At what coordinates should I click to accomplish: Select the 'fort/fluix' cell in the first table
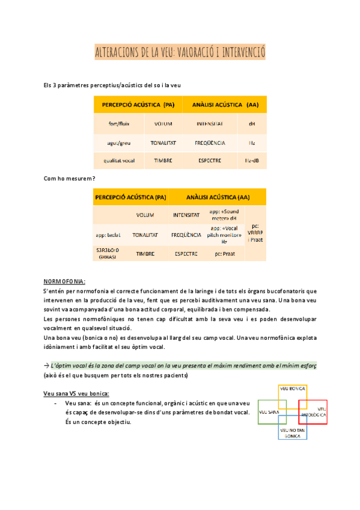pyautogui.click(x=119, y=124)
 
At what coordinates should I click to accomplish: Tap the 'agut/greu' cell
pyautogui.click(x=119, y=143)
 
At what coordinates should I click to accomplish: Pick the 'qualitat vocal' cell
pyautogui.click(x=119, y=161)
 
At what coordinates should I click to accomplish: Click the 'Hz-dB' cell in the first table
pyautogui.click(x=252, y=161)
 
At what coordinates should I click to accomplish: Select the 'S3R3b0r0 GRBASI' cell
pyautogui.click(x=108, y=253)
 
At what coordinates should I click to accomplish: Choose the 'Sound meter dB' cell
pyautogui.click(x=224, y=215)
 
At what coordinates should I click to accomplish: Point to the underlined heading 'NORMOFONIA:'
pyautogui.click(x=65, y=281)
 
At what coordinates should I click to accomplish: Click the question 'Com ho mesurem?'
pyautogui.click(x=70, y=179)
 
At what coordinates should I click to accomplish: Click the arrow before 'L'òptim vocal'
pyautogui.click(x=47, y=365)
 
